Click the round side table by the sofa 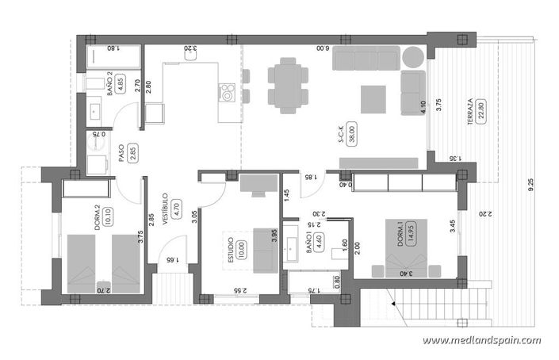[415, 58]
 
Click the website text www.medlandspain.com [481, 341]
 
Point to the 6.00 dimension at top [320, 48]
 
